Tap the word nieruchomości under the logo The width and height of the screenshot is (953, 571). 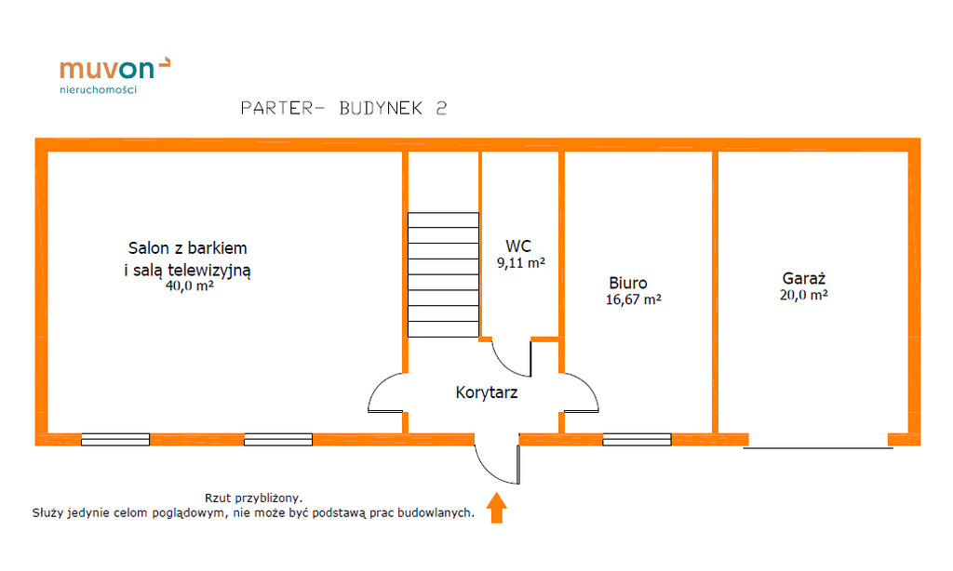coord(98,90)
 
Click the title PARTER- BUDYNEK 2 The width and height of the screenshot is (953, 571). coord(343,108)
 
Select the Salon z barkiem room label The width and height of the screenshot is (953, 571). coord(187,248)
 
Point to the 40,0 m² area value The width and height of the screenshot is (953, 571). coord(189,286)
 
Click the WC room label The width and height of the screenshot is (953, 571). coord(518,246)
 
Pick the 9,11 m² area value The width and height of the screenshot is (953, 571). coord(520,263)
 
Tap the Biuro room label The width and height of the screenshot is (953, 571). coord(628,283)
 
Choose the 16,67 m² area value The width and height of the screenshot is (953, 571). coord(633,299)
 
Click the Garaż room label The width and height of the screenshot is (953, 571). coord(804,278)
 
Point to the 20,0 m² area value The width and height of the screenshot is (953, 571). coord(804,295)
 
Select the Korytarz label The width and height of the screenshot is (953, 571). coord(486,392)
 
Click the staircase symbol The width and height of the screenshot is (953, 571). coord(443,275)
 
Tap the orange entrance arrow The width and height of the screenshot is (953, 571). coord(497,508)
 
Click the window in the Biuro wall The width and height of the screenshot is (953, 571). coord(637,439)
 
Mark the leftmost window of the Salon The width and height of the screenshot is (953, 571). coord(115,439)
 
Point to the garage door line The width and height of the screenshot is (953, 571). coord(818,449)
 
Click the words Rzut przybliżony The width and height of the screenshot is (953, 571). coord(254,498)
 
